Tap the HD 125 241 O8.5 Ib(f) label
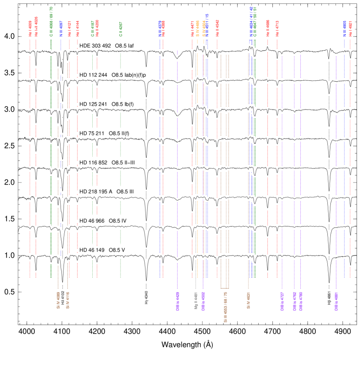coord(110,104)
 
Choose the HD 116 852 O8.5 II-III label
coord(110,163)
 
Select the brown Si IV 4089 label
coord(58,301)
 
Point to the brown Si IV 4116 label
coord(68,301)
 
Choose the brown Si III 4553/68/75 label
coord(225,307)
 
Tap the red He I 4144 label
coord(77,29)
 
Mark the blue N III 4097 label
coord(61,29)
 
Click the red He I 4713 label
coord(277,29)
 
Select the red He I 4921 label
coord(351,29)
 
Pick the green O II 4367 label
coord(121,29)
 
